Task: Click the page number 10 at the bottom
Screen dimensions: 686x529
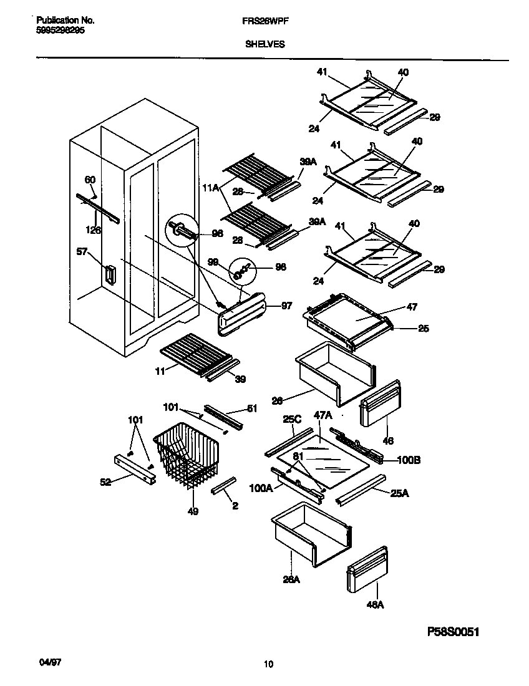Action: point(268,664)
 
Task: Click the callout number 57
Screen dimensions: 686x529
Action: point(81,251)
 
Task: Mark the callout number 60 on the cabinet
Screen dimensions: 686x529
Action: point(90,180)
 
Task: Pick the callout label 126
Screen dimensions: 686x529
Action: point(93,229)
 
